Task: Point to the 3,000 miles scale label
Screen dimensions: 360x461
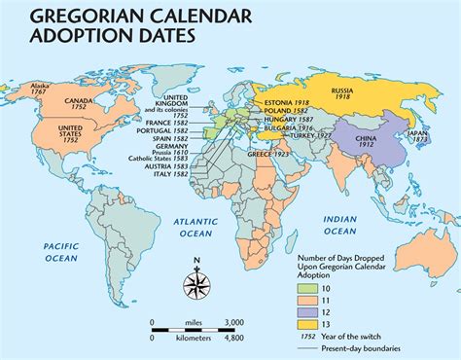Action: point(235,322)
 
